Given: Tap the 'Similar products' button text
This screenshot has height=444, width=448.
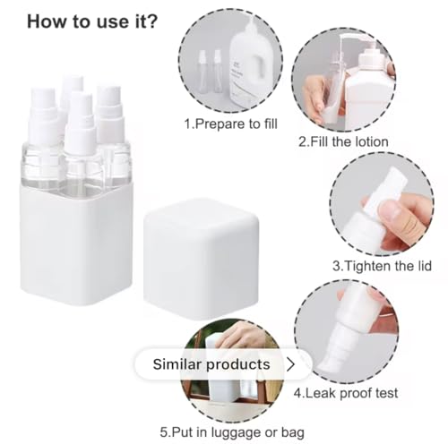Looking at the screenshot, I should point(211,364).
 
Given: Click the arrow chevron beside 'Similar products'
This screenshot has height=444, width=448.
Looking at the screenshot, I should point(290,364).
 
